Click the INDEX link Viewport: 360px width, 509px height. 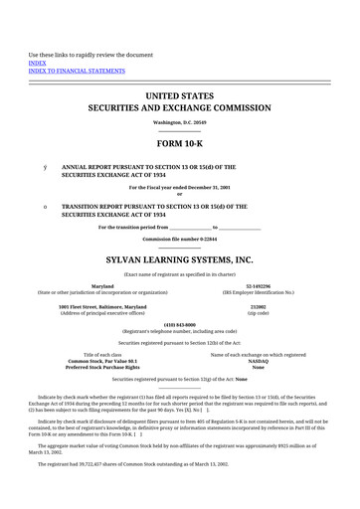coord(37,61)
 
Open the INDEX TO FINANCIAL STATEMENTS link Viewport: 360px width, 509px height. coord(74,70)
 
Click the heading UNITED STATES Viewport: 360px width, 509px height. coord(180,96)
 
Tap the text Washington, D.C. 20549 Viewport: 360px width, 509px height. coord(180,122)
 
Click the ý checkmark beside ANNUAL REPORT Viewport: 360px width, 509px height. coord(45,167)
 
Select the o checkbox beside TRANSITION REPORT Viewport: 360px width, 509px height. coord(45,206)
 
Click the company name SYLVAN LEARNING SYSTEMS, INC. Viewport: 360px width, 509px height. coord(180,259)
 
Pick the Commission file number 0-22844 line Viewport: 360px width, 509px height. coord(180,240)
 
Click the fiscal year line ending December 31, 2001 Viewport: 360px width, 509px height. coord(180,187)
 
